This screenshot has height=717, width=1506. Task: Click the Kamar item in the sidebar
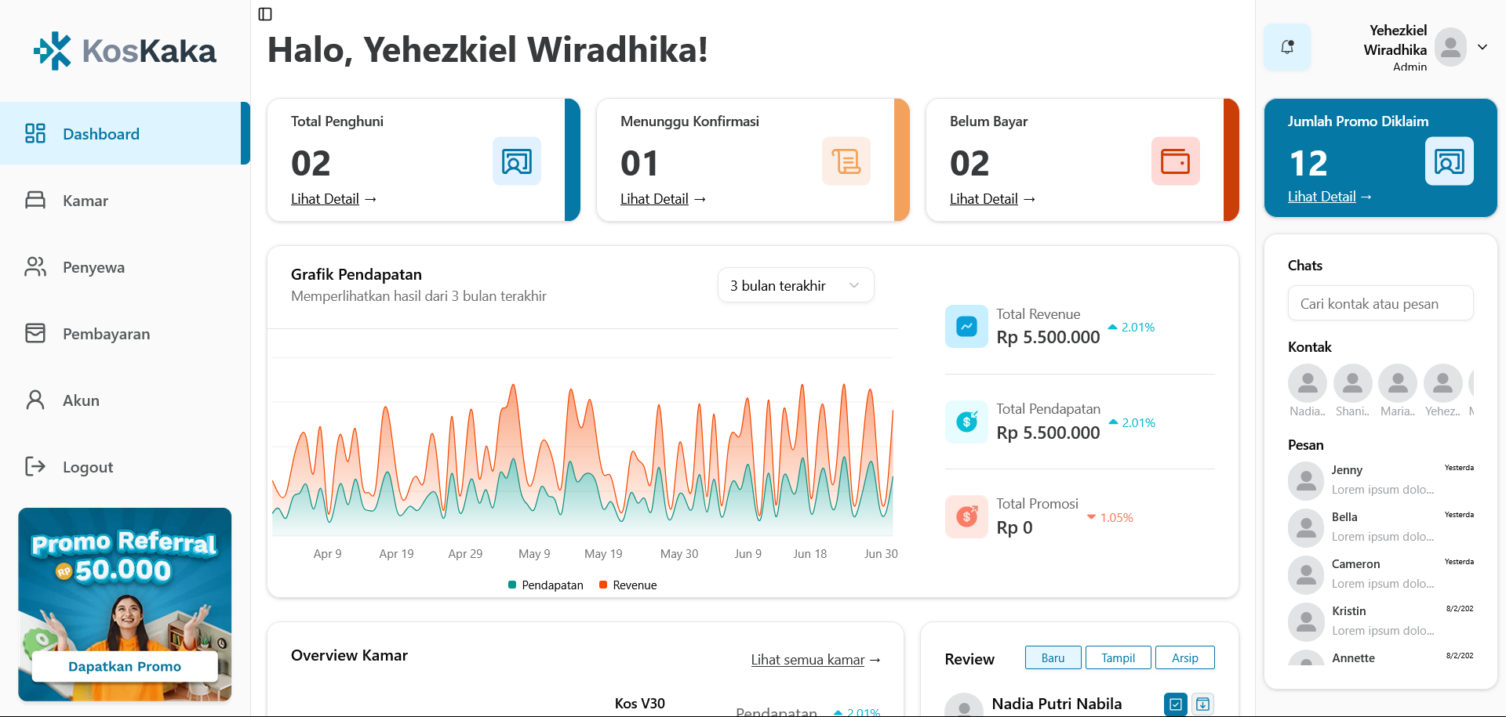(x=85, y=201)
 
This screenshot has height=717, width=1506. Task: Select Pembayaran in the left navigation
(x=106, y=334)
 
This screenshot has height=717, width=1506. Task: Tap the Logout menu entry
(x=87, y=467)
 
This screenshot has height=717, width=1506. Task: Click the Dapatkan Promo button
(x=125, y=666)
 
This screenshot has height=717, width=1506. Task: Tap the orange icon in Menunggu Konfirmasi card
(x=846, y=161)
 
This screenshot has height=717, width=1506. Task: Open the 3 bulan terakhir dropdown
(x=795, y=285)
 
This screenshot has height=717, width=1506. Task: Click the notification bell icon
(x=1287, y=47)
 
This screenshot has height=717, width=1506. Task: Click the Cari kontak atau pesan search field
(x=1380, y=303)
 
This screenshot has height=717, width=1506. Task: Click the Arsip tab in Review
(x=1184, y=657)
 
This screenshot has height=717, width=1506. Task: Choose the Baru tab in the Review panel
(x=1053, y=657)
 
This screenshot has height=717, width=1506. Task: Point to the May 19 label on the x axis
(x=603, y=554)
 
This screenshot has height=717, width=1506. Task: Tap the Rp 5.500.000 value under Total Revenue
(x=1048, y=337)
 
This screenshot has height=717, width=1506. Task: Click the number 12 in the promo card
(x=1308, y=164)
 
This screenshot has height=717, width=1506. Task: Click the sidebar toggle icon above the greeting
(x=265, y=14)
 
